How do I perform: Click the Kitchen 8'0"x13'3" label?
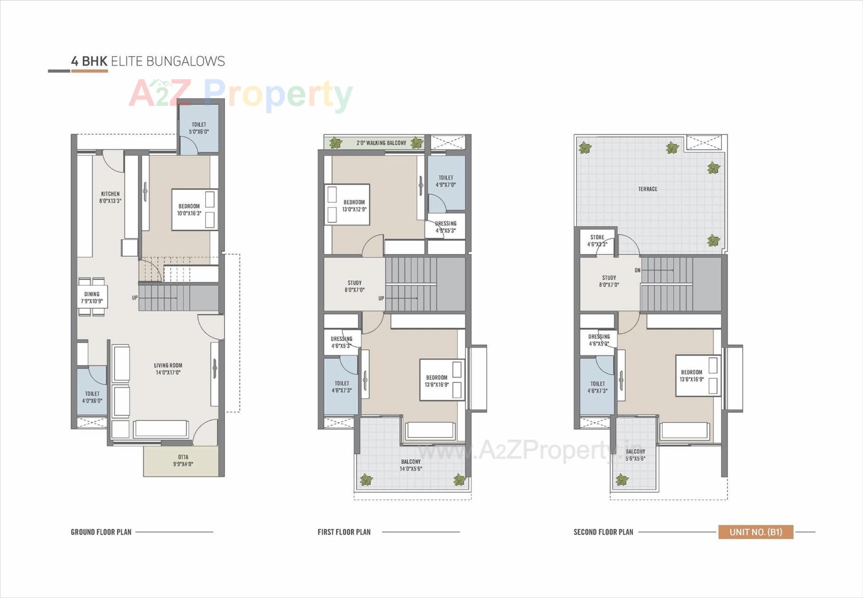(110, 197)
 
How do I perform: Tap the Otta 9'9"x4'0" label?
(183, 460)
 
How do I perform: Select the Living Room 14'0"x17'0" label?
(168, 369)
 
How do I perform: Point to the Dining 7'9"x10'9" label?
(92, 298)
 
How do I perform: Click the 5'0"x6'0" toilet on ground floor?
(199, 128)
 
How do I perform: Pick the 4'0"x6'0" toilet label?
(92, 397)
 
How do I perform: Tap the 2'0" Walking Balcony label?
(381, 143)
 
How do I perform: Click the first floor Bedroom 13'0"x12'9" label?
(354, 205)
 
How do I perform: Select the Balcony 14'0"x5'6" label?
(411, 465)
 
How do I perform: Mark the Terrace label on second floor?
(647, 189)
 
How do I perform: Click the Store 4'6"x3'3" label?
(597, 241)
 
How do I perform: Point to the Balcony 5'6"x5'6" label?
(635, 455)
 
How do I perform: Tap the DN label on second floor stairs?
(637, 270)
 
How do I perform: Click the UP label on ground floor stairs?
(134, 298)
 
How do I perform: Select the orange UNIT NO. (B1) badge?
(756, 532)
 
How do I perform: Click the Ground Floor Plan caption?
(101, 532)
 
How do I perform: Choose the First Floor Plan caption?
(344, 532)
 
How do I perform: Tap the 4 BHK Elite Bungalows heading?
(148, 61)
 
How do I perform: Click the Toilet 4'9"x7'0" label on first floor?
(446, 181)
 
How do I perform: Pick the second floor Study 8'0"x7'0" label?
(609, 281)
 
